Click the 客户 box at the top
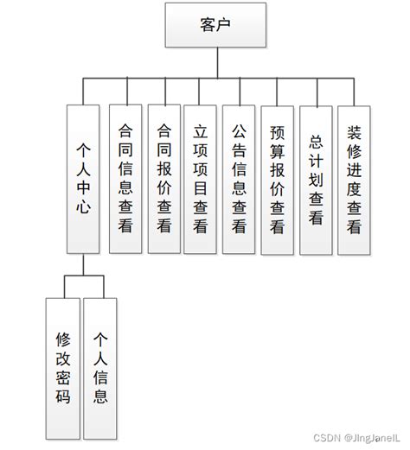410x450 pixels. click(204, 25)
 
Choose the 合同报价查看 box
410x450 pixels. click(164, 178)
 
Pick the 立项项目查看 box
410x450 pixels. click(202, 178)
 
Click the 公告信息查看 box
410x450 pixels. click(240, 178)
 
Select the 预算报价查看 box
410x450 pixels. click(278, 178)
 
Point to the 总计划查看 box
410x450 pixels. click(316, 178)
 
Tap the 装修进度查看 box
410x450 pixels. click(355, 178)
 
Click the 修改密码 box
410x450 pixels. click(63, 367)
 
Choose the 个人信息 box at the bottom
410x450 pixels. click(100, 367)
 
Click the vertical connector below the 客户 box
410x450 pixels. click(204, 63)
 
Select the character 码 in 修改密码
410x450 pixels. click(63, 397)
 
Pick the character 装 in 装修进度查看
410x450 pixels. click(355, 133)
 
